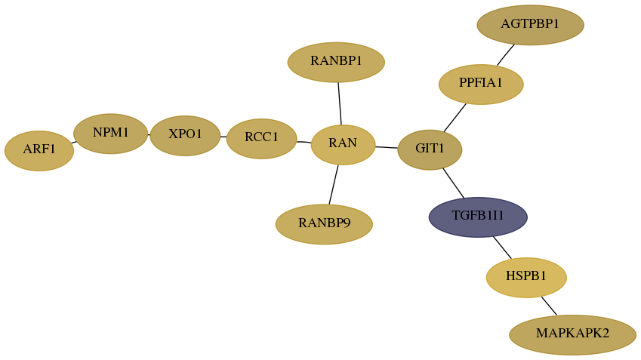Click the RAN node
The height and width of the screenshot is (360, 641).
pos(343,145)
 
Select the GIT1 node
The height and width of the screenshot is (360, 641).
pos(430,149)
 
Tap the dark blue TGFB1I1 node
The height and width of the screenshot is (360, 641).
pos(478,217)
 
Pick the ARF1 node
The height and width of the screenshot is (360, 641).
pos(39,151)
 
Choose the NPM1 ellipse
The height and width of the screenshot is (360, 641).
pos(110,134)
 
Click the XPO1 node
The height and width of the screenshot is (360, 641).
pos(185,136)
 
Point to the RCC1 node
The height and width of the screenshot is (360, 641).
pos(262,139)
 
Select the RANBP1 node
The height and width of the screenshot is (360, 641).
pos(336,62)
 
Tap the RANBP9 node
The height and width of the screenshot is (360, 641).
pos(324,224)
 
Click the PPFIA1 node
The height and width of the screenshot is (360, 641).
pos(481,85)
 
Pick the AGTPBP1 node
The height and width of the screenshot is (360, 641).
pos(530,25)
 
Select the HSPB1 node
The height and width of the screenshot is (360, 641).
pos(526,278)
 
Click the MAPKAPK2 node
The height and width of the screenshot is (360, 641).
pos(572,334)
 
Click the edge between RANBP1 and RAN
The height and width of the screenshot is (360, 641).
pos(340,103)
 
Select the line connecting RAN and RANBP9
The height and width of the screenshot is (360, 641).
pos(334,185)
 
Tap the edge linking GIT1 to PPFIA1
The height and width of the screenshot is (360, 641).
pos(455,118)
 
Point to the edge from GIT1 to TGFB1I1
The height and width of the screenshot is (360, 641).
pos(453,183)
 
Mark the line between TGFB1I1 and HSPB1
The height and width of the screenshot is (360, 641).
pos(502,248)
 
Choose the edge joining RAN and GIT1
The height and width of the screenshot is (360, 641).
pos(387,147)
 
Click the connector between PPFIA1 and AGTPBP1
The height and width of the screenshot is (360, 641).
pos(506,55)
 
